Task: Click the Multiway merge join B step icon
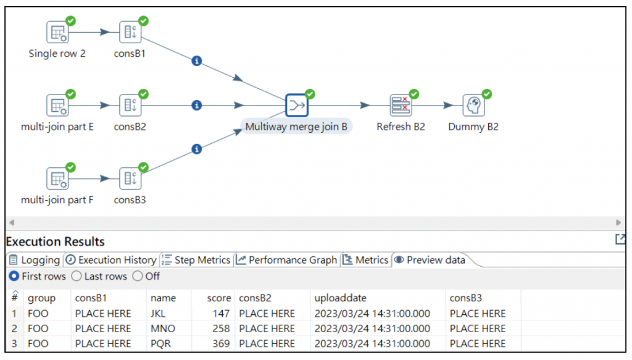click(297, 106)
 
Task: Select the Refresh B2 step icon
click(401, 106)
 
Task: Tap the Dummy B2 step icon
click(473, 106)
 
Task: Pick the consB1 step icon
click(130, 32)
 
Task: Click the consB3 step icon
click(130, 179)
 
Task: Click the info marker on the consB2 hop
click(197, 106)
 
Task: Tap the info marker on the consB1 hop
click(197, 61)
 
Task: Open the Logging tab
click(35, 260)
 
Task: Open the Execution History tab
click(111, 260)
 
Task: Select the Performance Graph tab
click(287, 260)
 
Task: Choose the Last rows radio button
click(77, 276)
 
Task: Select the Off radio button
click(138, 276)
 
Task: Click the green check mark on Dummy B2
click(487, 94)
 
